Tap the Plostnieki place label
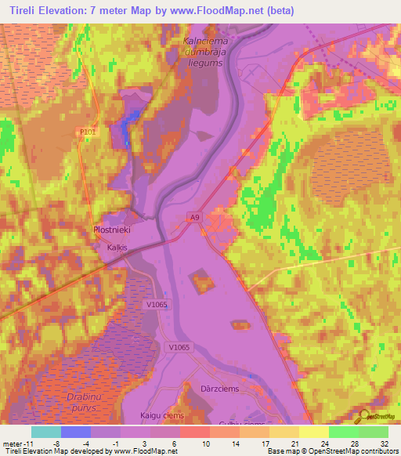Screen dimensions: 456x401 pyautogui.click(x=110, y=231)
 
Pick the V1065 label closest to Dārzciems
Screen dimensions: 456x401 pyautogui.click(x=179, y=346)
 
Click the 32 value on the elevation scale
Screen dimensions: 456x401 pyautogui.click(x=384, y=443)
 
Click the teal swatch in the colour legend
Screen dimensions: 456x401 pyautogui.click(x=45, y=432)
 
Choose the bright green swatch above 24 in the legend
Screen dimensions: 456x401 pyautogui.click(x=343, y=432)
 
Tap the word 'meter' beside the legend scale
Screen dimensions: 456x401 pyautogui.click(x=11, y=443)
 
